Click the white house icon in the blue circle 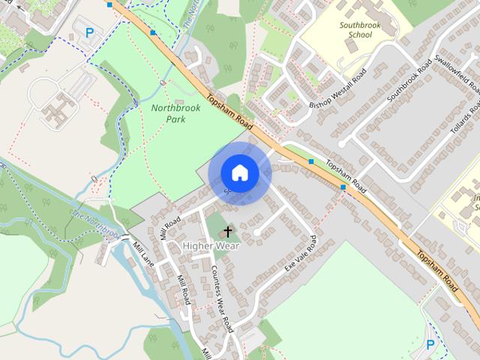point(240,173)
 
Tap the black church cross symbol point(227,232)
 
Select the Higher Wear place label point(212,245)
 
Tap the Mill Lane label point(142,255)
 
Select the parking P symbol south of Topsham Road point(430,344)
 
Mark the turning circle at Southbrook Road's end point(341,142)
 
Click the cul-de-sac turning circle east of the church point(256,233)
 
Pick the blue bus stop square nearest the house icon point(310,161)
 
